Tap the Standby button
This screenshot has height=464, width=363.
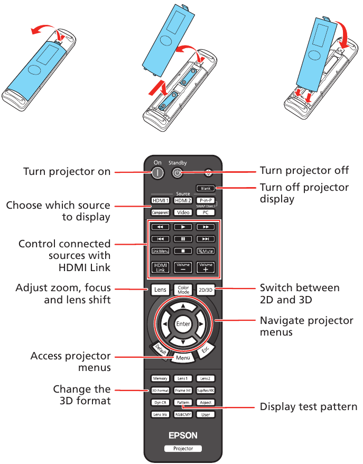click(178, 172)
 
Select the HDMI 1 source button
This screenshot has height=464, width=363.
click(160, 201)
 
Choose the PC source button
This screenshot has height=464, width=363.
click(206, 212)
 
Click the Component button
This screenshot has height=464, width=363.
click(160, 212)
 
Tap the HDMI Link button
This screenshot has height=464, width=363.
click(160, 267)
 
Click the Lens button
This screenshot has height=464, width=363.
click(160, 289)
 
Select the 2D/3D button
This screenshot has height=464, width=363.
click(206, 289)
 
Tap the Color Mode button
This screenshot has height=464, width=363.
click(183, 289)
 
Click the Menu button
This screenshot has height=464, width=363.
click(183, 358)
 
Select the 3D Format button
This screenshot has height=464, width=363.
click(160, 390)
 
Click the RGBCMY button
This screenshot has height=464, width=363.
click(183, 414)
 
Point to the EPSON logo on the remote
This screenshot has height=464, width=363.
click(183, 435)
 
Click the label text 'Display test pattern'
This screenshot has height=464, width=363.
click(308, 407)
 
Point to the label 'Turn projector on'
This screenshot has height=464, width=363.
click(67, 172)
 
